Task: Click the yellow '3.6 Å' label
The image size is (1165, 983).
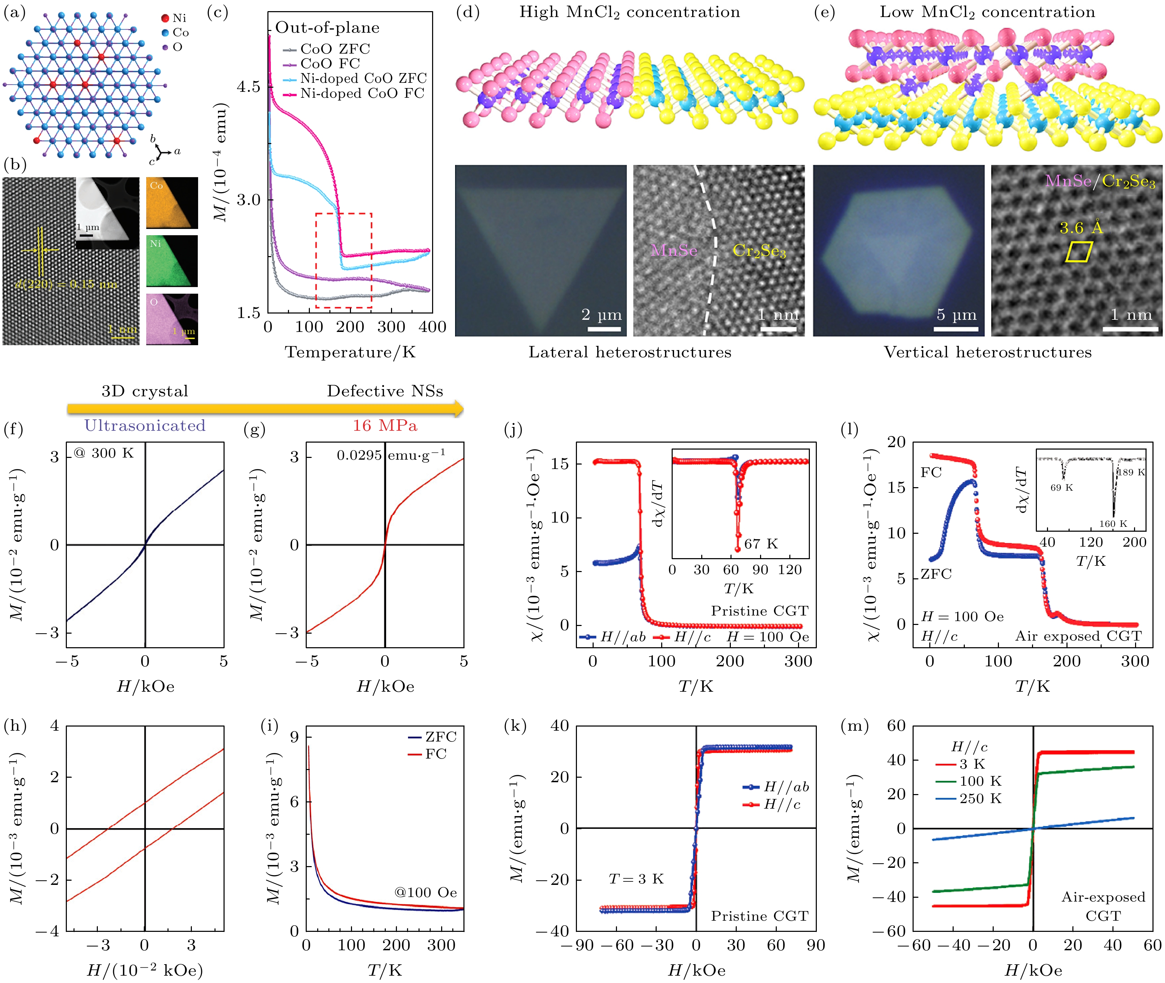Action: pyautogui.click(x=1081, y=228)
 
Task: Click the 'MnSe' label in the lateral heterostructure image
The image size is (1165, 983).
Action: pyautogui.click(x=674, y=250)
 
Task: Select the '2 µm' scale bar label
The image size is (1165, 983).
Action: pyautogui.click(x=601, y=315)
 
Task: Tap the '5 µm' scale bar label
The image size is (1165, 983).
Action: pyautogui.click(x=956, y=315)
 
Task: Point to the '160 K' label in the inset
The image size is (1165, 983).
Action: pyautogui.click(x=1112, y=524)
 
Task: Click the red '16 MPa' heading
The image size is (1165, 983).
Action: pyautogui.click(x=385, y=426)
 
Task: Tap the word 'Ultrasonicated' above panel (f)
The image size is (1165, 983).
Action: pyautogui.click(x=145, y=426)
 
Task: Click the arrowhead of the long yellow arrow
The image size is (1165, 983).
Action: pyautogui.click(x=459, y=409)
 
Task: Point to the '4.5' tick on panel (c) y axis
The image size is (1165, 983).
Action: pyautogui.click(x=249, y=87)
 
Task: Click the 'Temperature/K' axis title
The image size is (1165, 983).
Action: pyautogui.click(x=350, y=352)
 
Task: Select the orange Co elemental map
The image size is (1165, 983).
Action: pyautogui.click(x=172, y=203)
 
